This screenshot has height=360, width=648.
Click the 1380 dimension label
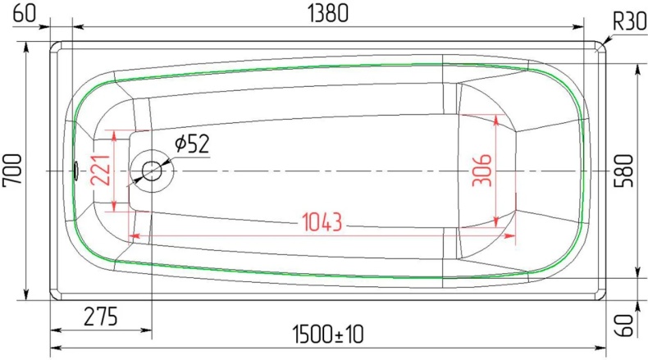click(327, 12)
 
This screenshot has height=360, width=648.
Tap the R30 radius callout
click(628, 21)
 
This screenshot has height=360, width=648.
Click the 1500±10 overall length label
click(327, 335)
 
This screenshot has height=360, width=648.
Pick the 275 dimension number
click(101, 314)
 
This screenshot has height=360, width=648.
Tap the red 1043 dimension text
click(322, 221)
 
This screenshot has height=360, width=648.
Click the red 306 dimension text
click(484, 171)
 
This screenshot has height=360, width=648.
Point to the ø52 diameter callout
click(192, 144)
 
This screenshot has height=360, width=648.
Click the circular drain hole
click(153, 171)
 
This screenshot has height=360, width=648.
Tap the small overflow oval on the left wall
click(75, 171)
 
